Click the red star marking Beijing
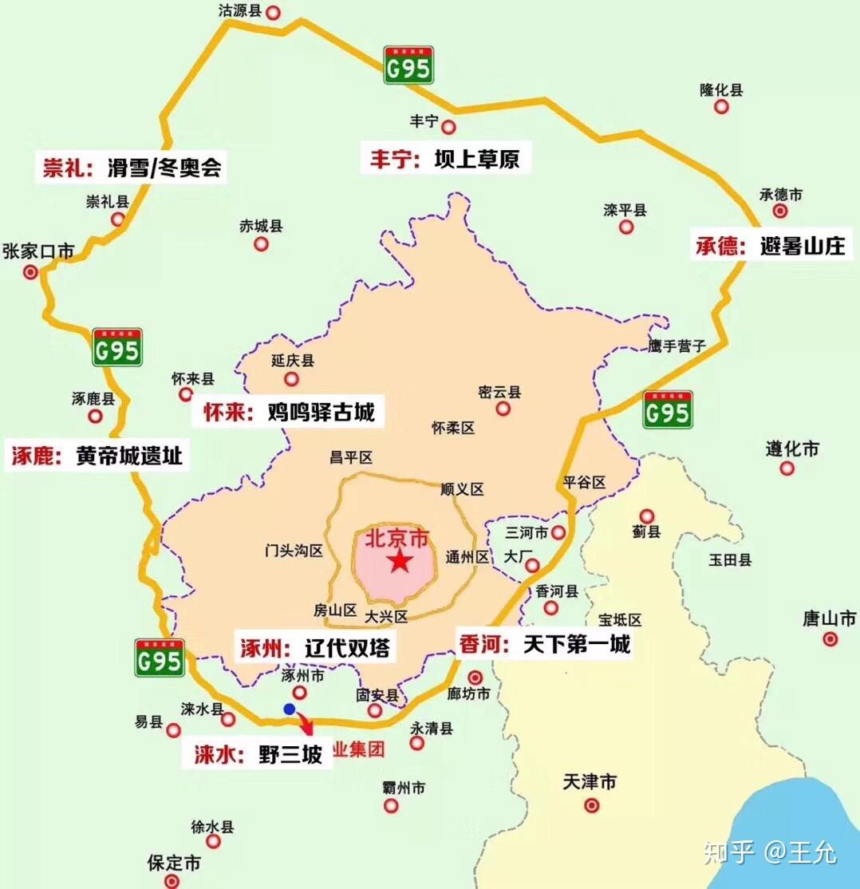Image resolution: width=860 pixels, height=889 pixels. tap(400, 562)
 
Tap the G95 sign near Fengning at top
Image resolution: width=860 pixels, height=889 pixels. tap(408, 66)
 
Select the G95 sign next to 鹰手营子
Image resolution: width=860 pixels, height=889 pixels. tap(667, 411)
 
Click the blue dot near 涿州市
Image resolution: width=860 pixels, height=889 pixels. tap(290, 708)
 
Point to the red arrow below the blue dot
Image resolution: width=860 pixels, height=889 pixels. tap(306, 724)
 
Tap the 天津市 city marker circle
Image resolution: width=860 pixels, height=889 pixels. tap(591, 806)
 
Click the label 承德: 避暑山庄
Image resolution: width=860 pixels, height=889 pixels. tap(771, 246)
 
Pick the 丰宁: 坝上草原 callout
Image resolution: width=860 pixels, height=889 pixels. tap(444, 158)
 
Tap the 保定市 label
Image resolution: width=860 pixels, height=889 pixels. tap(174, 863)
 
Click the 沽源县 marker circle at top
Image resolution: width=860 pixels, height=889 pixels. tap(274, 13)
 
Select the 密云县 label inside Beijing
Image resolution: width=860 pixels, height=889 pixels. tap(499, 392)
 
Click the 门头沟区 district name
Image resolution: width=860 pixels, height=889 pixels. tap(294, 551)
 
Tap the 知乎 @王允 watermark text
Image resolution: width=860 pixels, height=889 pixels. tap(770, 852)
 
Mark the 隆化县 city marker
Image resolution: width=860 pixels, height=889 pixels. tap(721, 106)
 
